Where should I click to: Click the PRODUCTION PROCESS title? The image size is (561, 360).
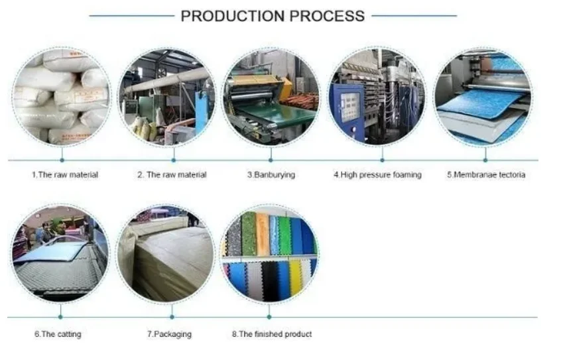click(273, 16)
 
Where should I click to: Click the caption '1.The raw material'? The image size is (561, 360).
click(65, 175)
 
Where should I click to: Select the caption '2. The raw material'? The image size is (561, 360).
click(172, 175)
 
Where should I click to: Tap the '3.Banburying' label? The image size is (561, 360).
click(271, 175)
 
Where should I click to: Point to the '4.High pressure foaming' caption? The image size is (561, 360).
click(377, 175)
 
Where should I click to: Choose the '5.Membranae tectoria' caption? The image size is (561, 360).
click(485, 175)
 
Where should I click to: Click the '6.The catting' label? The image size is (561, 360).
click(58, 334)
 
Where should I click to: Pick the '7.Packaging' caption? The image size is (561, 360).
click(169, 334)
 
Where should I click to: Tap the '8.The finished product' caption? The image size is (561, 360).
click(272, 334)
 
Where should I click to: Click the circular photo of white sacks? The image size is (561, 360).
click(62, 97)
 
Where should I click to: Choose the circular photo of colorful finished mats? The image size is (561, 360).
click(269, 255)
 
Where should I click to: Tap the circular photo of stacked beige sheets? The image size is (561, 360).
click(166, 255)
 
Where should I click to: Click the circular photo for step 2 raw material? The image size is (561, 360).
click(166, 97)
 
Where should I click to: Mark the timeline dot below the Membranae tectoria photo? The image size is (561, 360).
click(485, 159)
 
